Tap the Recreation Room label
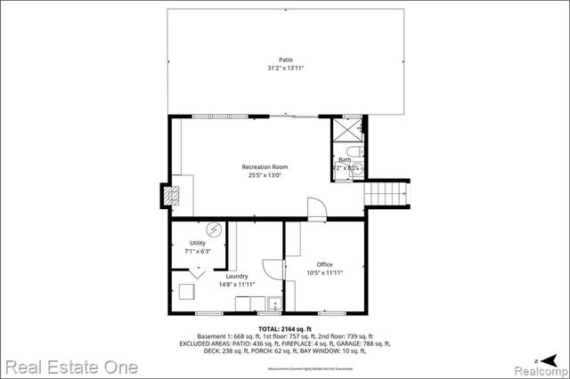click(265, 166)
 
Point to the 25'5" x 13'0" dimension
click(265, 175)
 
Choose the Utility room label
click(197, 243)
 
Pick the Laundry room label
click(237, 276)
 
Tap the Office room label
click(324, 264)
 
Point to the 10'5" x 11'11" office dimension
click(324, 273)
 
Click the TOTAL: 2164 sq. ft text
click(281, 328)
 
